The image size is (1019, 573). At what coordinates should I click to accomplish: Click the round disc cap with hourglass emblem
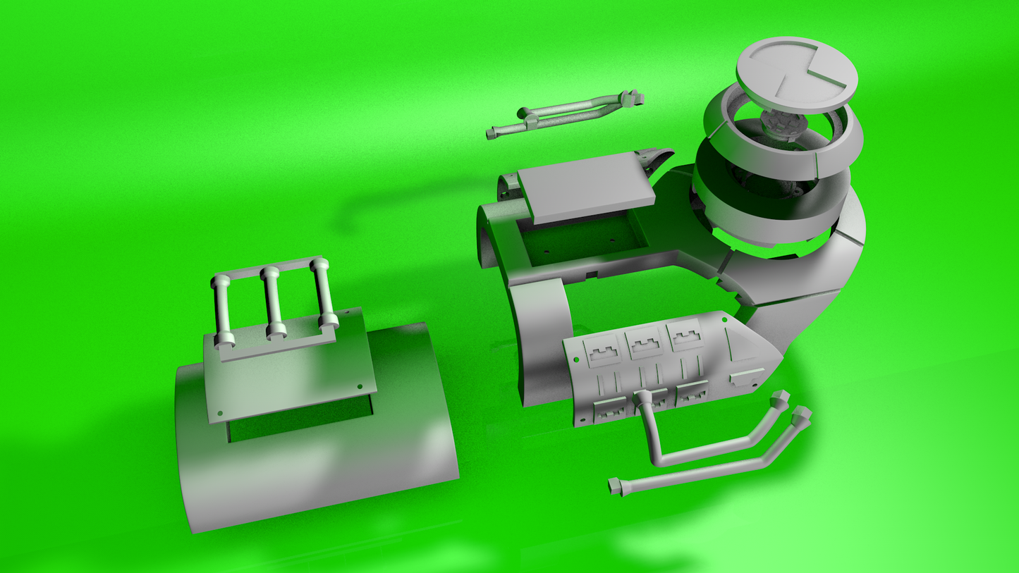(797, 74)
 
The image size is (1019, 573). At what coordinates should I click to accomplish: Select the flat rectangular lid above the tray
(585, 187)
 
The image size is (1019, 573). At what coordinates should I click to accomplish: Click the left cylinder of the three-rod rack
(221, 310)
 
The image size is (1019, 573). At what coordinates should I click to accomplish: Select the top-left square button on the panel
(604, 351)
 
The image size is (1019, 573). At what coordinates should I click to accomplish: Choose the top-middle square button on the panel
(645, 344)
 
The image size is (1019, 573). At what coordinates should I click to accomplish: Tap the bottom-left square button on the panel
(610, 409)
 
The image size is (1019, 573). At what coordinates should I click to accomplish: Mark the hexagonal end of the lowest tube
(616, 486)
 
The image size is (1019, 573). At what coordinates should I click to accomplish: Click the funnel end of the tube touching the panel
(643, 400)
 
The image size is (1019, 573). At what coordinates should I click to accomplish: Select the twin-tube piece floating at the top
(564, 113)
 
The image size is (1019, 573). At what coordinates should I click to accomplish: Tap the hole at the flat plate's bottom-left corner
(220, 413)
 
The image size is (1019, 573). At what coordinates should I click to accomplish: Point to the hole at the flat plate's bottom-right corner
(360, 387)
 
